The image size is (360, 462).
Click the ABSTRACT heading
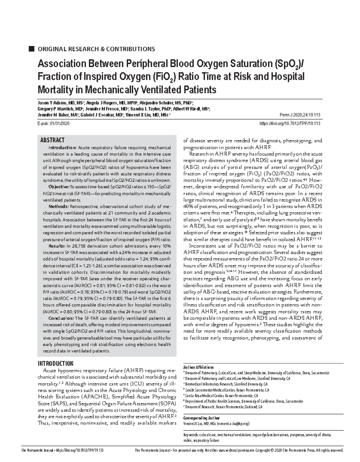(52, 140)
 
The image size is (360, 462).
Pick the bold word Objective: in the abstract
(59, 187)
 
